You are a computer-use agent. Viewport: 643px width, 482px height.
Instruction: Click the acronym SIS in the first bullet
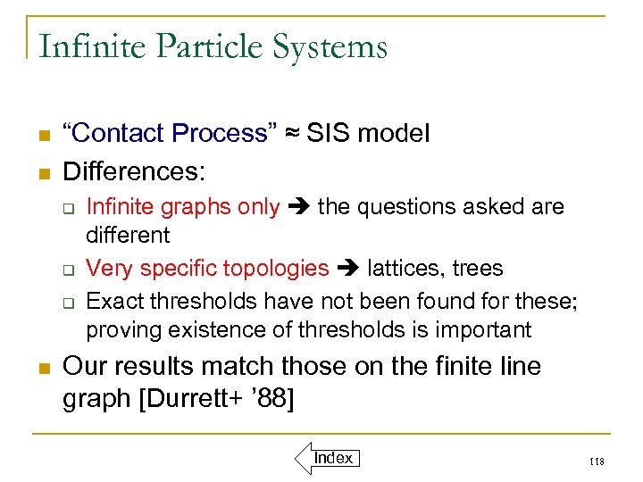(326, 134)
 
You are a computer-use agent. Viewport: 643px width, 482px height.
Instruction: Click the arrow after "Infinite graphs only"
(299, 207)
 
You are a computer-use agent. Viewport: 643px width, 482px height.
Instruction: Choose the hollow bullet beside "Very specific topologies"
(67, 269)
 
